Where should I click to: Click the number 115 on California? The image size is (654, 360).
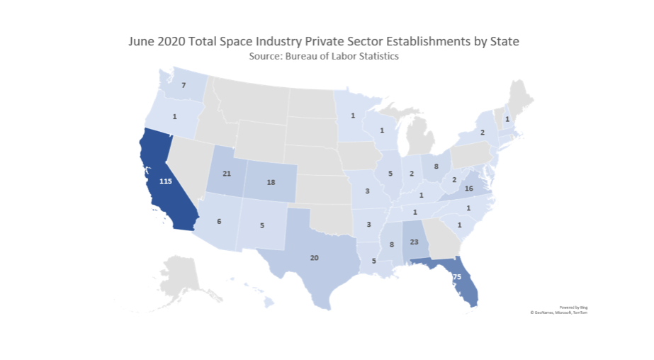point(166,181)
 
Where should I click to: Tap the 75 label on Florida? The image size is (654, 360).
point(457,276)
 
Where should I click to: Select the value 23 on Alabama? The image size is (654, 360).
point(415,242)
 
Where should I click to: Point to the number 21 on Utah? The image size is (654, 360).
point(227,174)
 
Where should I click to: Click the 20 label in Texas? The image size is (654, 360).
point(315,257)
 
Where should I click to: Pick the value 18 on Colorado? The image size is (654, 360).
point(270,182)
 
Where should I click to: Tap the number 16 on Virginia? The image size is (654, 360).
point(468,189)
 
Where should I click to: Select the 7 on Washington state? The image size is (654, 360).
point(183,86)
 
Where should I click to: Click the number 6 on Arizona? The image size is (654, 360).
point(219,222)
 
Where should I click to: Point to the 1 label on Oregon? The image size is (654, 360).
point(174,116)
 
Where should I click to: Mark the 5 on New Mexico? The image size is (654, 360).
point(262,226)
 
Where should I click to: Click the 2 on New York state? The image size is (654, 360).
point(482,133)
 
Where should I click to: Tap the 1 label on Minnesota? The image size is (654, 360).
point(352,116)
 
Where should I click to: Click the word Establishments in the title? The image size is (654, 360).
point(408,41)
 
